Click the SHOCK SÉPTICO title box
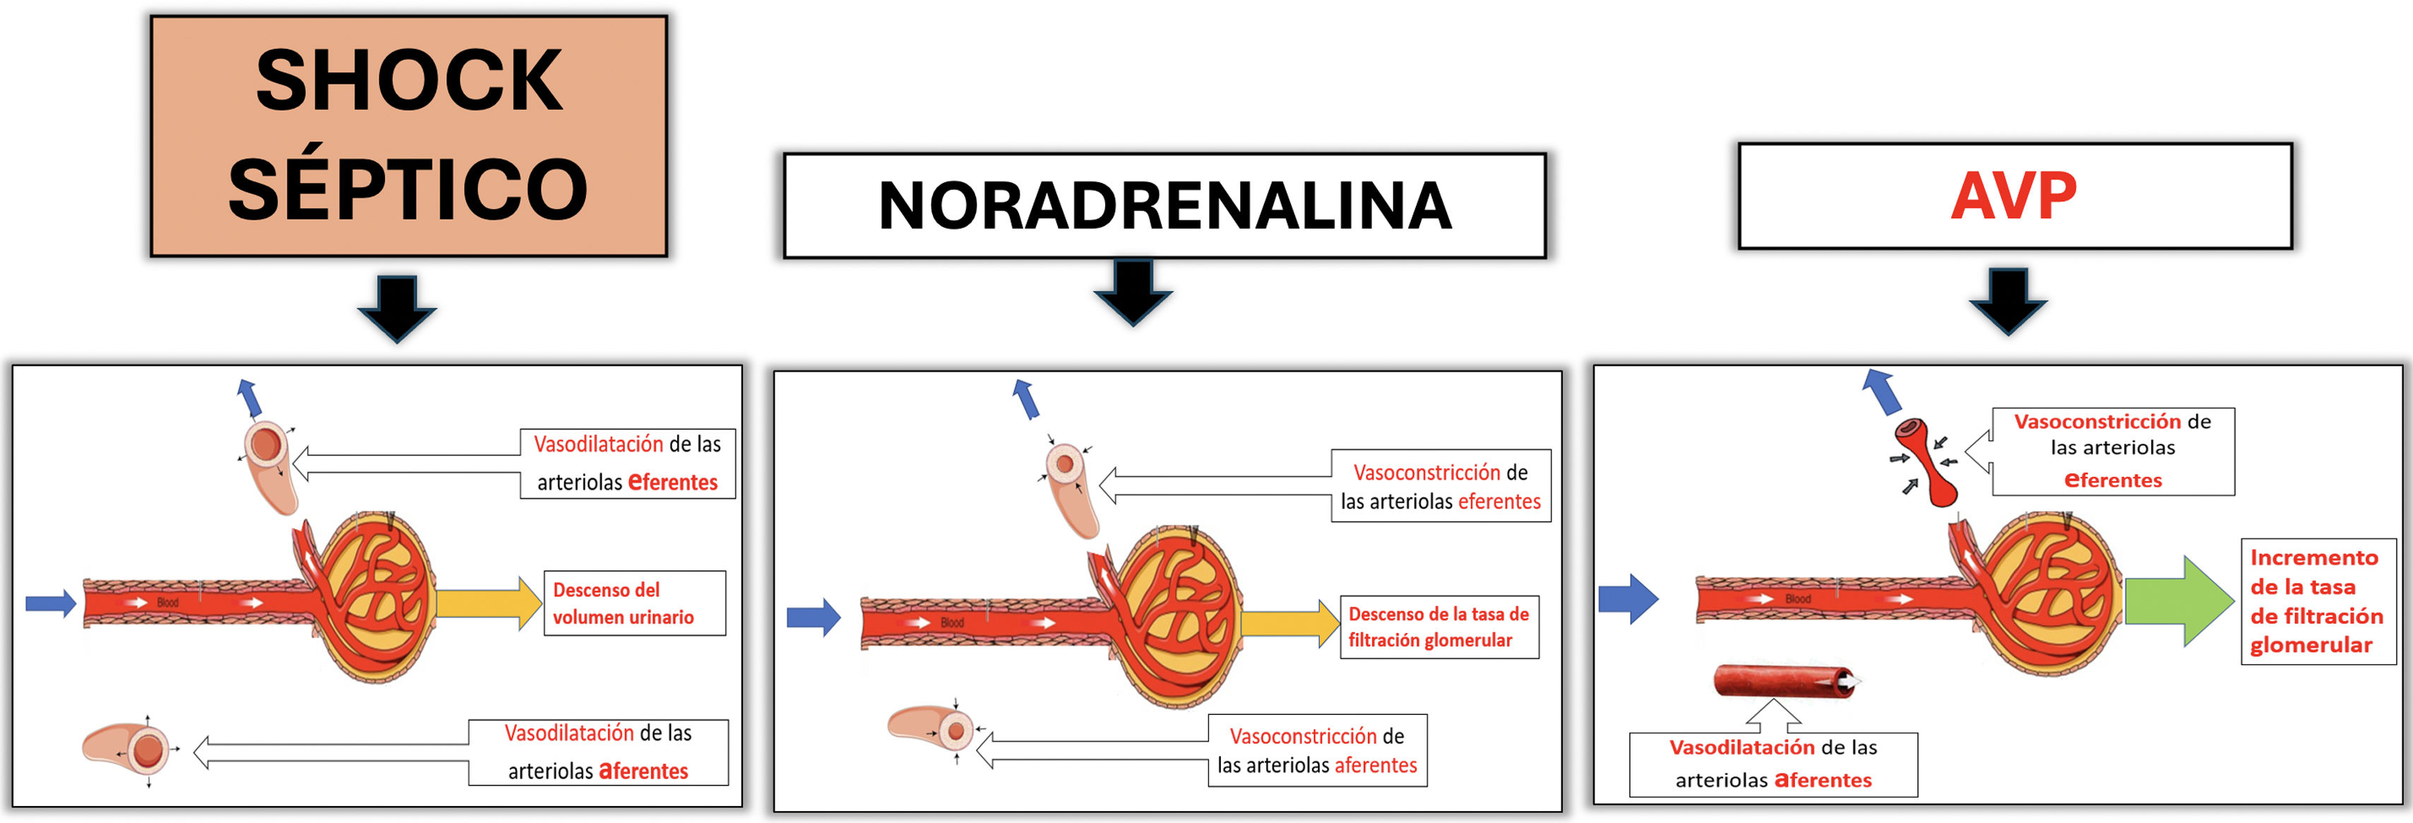(408, 136)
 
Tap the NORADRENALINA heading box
(1164, 206)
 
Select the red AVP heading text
(2013, 196)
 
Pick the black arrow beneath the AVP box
(2008, 301)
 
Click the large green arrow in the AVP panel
(2178, 601)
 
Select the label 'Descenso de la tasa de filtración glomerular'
(1438, 626)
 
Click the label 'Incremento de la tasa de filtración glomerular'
(2316, 601)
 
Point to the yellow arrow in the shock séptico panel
(487, 603)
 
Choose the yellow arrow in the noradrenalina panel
(1289, 623)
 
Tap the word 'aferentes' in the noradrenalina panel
(1375, 765)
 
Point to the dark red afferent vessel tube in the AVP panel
(1780, 680)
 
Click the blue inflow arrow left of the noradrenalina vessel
(812, 617)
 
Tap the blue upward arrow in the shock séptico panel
(249, 398)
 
